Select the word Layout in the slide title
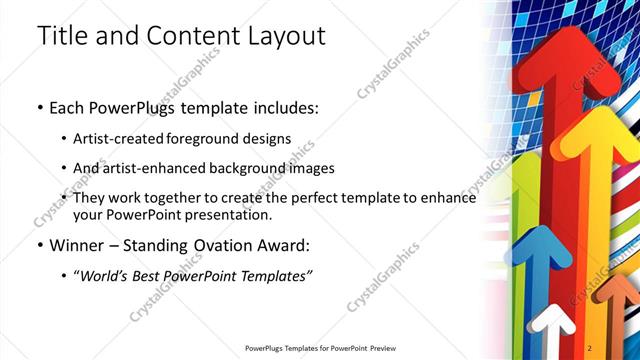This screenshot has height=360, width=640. coord(284,36)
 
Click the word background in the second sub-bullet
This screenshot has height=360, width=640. coord(255,168)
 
